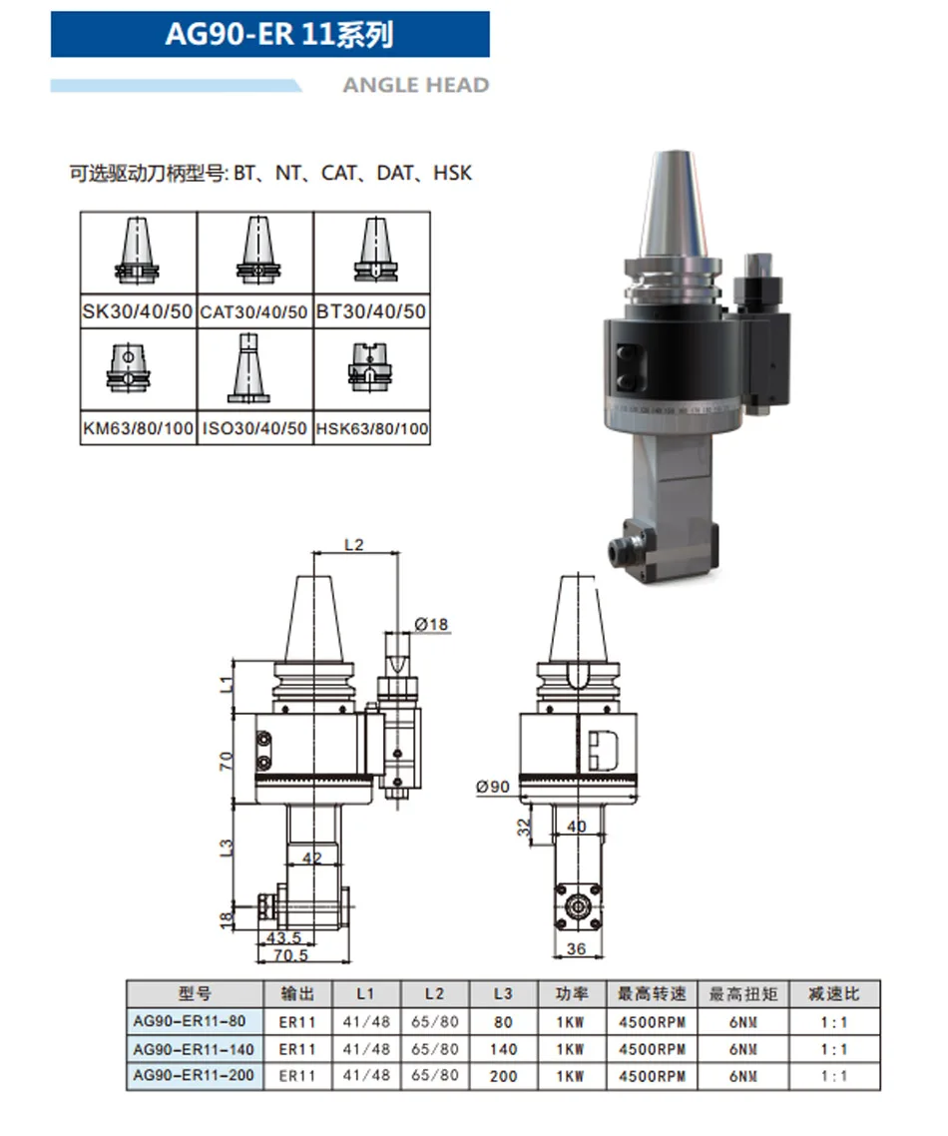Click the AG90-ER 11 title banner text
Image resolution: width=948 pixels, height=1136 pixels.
click(278, 34)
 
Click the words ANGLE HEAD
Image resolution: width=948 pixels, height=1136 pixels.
click(416, 86)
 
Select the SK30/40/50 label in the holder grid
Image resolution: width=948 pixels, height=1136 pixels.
click(138, 311)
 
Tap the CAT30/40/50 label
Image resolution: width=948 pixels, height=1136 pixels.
click(254, 312)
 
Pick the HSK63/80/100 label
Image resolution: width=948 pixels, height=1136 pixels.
click(372, 429)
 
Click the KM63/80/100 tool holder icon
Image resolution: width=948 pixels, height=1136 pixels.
click(129, 368)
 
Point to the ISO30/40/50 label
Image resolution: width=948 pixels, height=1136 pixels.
click(254, 429)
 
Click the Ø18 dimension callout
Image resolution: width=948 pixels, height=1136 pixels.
click(431, 624)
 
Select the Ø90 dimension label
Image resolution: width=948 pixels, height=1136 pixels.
click(493, 786)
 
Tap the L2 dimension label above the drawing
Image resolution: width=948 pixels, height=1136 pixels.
click(353, 544)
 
